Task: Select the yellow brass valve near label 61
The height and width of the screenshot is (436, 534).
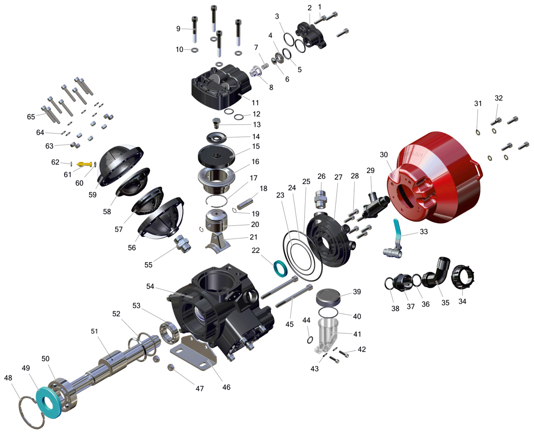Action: point(85,164)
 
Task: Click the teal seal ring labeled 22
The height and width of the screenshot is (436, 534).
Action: point(280,268)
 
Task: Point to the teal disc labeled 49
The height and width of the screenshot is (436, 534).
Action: point(49,402)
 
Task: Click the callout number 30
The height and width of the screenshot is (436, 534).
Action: point(383,155)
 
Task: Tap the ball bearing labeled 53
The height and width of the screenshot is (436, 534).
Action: point(169,332)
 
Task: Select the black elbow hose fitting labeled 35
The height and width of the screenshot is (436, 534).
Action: point(436,273)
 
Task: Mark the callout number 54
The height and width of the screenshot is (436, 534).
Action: point(150,286)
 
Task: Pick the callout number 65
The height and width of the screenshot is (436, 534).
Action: point(31,117)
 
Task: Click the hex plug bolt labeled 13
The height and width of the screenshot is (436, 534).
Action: point(216,123)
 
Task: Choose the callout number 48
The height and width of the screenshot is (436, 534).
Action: point(8,378)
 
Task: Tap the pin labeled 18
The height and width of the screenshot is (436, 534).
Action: point(245,204)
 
